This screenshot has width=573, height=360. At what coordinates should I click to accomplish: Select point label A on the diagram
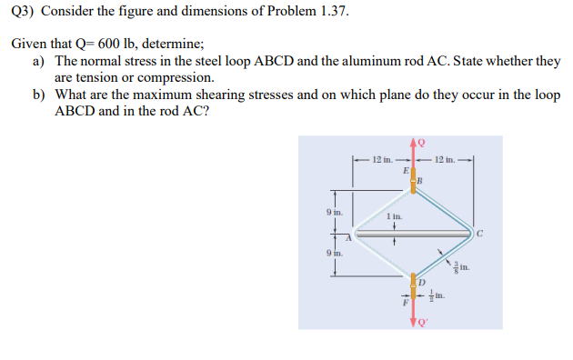pyautogui.click(x=346, y=237)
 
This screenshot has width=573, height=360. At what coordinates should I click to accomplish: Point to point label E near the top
pyautogui.click(x=405, y=169)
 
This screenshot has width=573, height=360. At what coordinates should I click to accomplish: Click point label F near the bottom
pyautogui.click(x=407, y=305)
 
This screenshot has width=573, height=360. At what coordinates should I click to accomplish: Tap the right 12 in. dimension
pyautogui.click(x=446, y=160)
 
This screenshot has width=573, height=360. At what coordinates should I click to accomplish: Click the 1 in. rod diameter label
pyautogui.click(x=393, y=216)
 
